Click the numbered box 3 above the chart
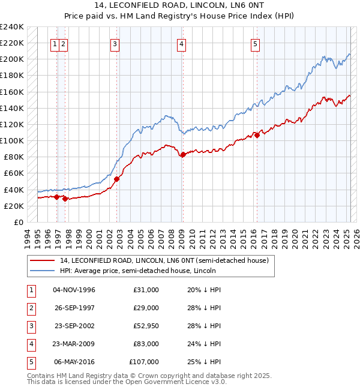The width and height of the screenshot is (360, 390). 114,43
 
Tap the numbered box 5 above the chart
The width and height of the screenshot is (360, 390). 255,43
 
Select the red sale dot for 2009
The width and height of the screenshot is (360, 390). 183,155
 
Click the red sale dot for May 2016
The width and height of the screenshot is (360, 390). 257,135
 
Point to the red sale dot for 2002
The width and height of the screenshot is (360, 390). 117,179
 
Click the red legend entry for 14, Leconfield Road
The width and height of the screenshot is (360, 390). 167,260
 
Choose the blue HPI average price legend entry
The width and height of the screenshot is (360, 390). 137,271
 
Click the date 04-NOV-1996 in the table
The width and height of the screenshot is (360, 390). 74,290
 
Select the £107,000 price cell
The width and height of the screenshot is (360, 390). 145,362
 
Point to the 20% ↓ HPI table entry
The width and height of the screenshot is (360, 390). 205,290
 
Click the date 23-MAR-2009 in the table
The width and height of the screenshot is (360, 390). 74,344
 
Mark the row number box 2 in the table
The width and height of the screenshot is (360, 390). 29,308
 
